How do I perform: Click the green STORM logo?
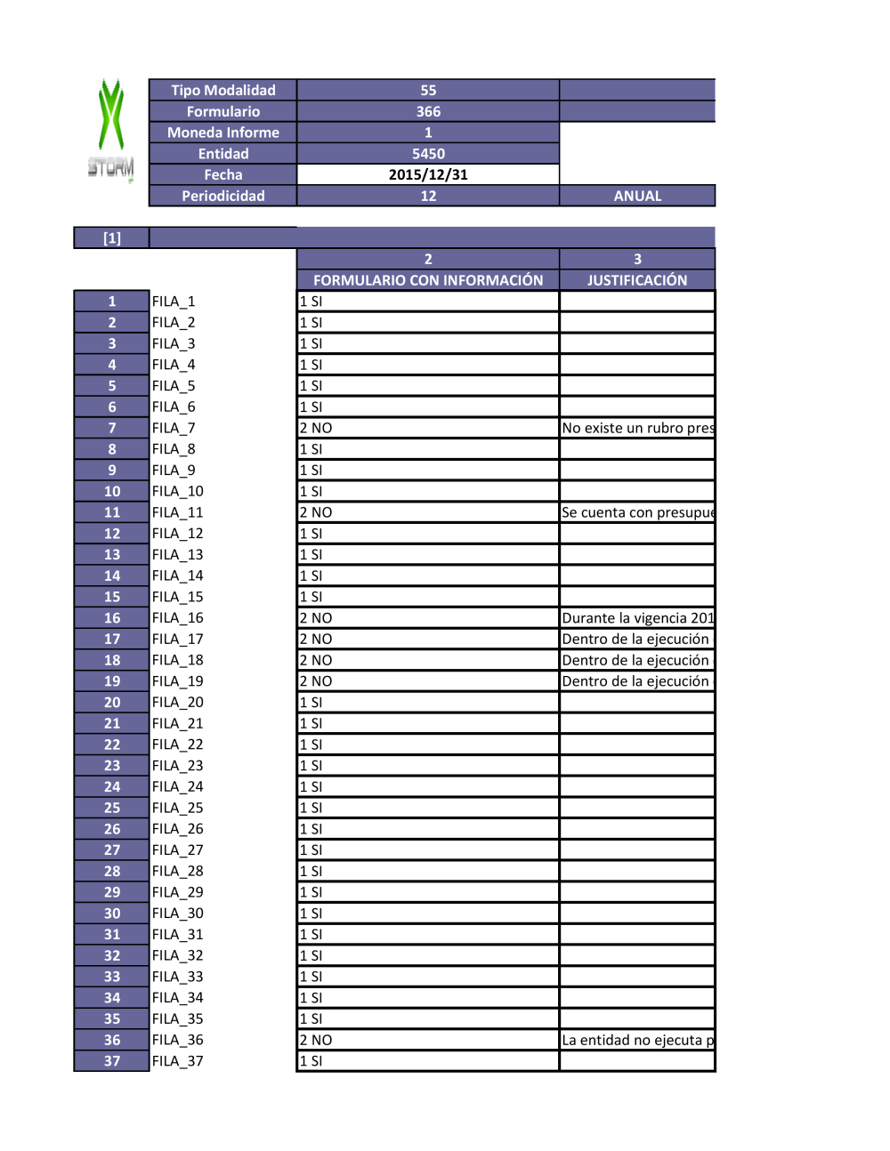[111, 129]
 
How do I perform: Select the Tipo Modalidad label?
[222, 90]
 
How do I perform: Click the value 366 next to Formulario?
[428, 111]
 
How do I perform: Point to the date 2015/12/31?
[428, 174]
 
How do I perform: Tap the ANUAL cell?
[637, 196]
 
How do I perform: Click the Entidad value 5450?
[428, 154]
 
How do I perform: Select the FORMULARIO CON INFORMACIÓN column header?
[428, 280]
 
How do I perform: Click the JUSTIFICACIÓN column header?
[637, 280]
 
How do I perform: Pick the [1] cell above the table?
[112, 237]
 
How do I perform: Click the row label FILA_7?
[174, 428]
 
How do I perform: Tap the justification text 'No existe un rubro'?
[637, 428]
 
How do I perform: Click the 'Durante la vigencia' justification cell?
[637, 618]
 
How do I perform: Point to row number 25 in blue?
[112, 808]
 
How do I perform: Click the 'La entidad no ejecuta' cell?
[637, 1040]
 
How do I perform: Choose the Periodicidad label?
[222, 196]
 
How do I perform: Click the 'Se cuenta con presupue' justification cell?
[637, 512]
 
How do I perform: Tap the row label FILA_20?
[178, 703]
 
